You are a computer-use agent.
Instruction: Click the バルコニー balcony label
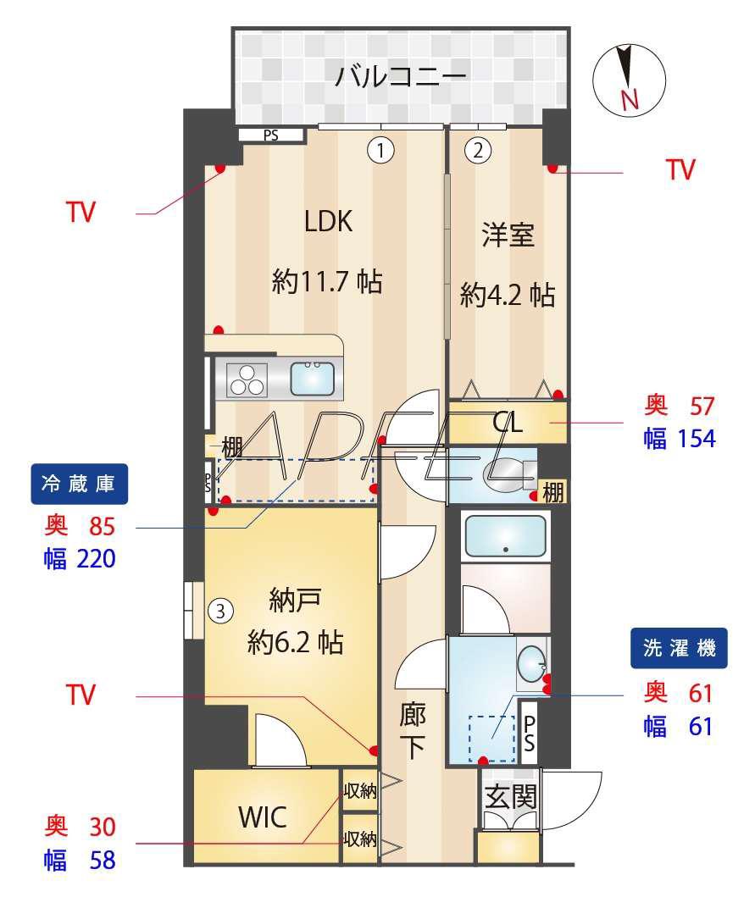[400, 75]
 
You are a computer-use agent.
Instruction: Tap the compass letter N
[630, 100]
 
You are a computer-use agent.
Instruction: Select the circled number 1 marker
[380, 151]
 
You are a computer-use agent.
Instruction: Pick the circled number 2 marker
[478, 151]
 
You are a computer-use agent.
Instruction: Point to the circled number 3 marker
[220, 612]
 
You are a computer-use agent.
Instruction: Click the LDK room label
[328, 221]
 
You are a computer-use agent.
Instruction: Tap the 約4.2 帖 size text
[508, 295]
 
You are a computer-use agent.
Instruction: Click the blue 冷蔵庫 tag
[79, 484]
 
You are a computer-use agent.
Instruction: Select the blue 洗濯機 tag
[679, 648]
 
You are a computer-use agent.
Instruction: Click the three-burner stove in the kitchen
[247, 379]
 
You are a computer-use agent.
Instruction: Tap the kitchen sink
[312, 379]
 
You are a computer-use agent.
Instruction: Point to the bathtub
[505, 536]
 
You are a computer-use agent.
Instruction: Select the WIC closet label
[263, 817]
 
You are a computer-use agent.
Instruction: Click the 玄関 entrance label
[510, 796]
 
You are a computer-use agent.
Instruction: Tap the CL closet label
[508, 423]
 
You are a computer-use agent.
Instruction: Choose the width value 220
[96, 559]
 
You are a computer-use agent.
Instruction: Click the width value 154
[697, 439]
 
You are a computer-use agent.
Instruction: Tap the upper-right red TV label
[680, 170]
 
